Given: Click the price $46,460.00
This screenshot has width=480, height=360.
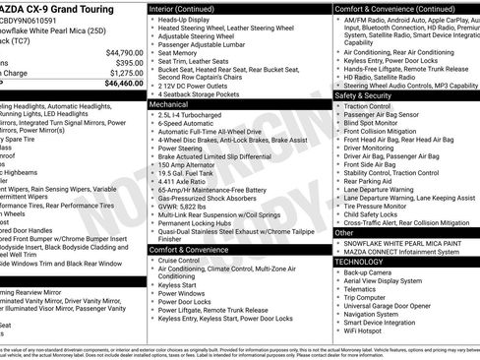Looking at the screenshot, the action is coord(118,84).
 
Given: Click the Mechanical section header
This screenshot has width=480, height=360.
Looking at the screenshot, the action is coord(169,103).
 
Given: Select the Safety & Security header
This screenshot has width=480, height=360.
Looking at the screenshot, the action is coord(363,95).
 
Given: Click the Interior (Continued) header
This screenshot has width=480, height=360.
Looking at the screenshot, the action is coord(187,8).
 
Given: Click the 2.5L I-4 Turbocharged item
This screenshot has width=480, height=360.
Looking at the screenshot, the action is coord(191,115).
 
